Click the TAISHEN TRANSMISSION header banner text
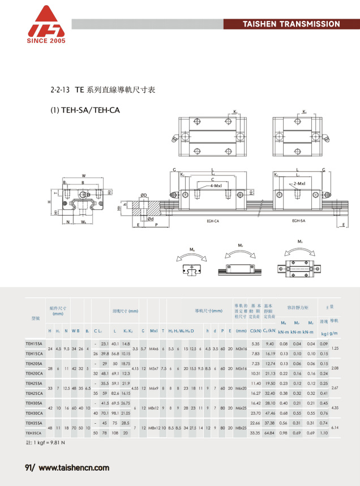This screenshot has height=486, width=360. [291, 24]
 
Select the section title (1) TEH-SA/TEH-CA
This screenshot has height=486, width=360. [85, 110]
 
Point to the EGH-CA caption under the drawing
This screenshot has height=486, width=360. [212, 221]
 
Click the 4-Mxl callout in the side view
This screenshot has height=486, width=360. [215, 185]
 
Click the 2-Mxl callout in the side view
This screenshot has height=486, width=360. [299, 184]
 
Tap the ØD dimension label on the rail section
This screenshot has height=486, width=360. [144, 195]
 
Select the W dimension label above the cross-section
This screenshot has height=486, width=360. [83, 176]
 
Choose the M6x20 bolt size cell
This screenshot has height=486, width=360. [241, 388]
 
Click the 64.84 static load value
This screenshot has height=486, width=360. [270, 433]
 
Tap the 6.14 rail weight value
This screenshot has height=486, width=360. [335, 428]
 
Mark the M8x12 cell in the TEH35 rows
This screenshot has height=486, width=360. [153, 428]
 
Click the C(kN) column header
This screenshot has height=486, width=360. [255, 330]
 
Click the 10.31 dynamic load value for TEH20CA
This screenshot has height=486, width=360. [255, 373]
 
